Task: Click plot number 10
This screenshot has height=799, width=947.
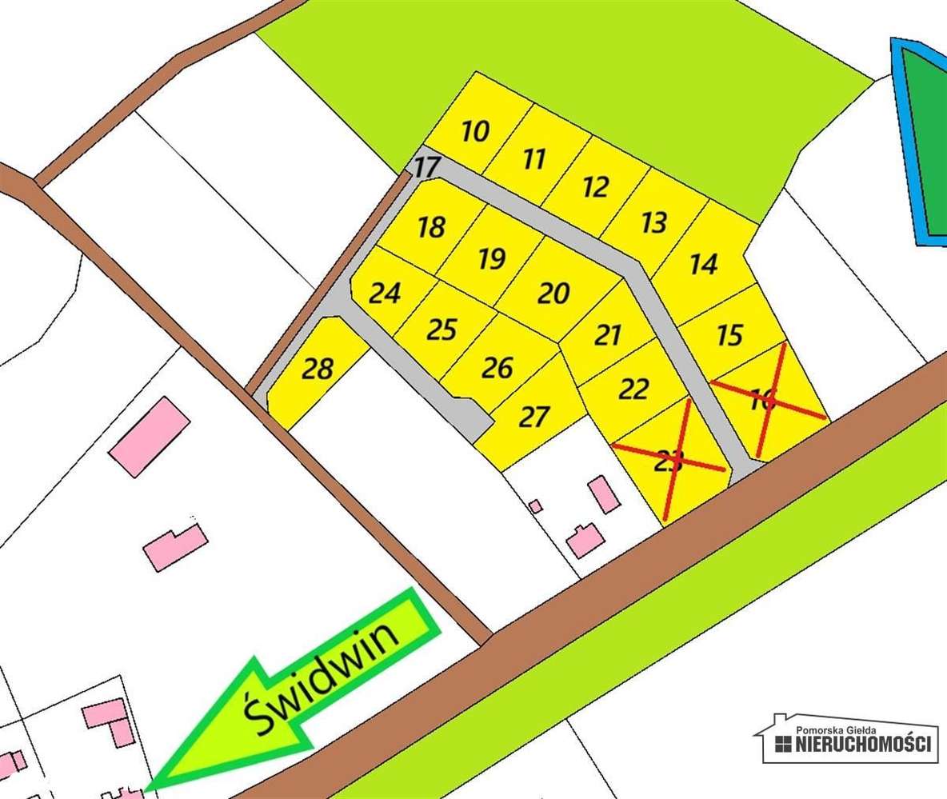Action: click(x=475, y=130)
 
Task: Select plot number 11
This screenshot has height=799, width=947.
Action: click(x=533, y=159)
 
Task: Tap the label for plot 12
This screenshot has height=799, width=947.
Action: click(x=595, y=187)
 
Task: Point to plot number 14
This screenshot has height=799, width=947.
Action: click(x=703, y=264)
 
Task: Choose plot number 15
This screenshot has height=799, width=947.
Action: click(x=729, y=335)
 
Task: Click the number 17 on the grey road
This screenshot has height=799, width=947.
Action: click(x=428, y=168)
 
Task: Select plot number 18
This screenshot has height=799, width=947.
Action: click(x=431, y=227)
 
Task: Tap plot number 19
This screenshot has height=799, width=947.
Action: click(x=492, y=258)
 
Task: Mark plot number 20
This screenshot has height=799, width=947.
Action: click(x=553, y=294)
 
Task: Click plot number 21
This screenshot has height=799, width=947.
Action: click(x=608, y=335)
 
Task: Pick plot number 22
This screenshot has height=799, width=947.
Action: click(x=633, y=390)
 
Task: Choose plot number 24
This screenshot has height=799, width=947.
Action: click(x=386, y=294)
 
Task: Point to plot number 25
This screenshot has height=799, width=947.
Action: click(x=442, y=330)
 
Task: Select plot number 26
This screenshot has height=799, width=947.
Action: click(x=497, y=368)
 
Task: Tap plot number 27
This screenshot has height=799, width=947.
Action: click(x=535, y=417)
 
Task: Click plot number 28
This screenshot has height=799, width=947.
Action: click(x=318, y=369)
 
